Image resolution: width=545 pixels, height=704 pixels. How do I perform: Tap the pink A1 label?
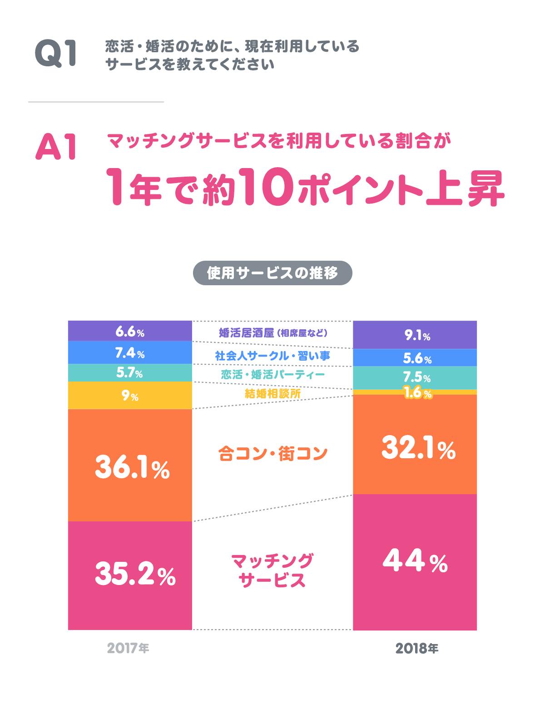[x=55, y=146]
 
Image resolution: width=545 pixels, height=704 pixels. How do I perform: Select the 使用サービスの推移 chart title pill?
[x=272, y=273]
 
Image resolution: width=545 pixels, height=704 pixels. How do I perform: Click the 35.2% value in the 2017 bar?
[x=135, y=575]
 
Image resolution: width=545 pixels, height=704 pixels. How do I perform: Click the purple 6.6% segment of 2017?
[x=130, y=332]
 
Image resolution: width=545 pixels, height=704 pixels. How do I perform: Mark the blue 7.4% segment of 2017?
[x=130, y=353]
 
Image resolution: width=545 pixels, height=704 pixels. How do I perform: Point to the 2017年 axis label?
[x=128, y=648]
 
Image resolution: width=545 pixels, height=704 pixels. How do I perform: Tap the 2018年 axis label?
[x=416, y=649]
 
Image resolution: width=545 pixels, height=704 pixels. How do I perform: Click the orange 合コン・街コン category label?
[x=272, y=453]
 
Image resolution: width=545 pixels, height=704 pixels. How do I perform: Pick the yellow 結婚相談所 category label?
[x=272, y=394]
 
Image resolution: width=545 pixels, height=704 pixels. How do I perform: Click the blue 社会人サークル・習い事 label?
[x=272, y=356]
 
